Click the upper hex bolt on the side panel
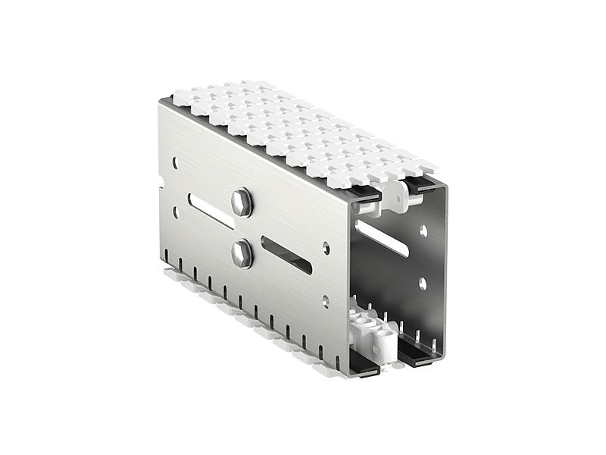tap(242, 202)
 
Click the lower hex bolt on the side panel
tap(242, 253)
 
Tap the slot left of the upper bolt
tap(210, 210)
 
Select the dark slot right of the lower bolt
tap(286, 255)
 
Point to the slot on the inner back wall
tap(382, 237)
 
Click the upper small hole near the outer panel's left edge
tap(175, 163)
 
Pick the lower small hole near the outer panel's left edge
tap(176, 213)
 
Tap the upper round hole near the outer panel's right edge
tap(326, 246)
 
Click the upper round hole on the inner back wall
tap(423, 230)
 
